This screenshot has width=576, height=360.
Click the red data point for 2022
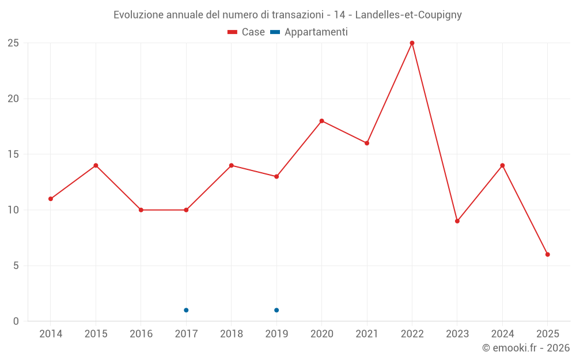tap(412, 43)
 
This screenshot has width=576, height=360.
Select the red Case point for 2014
tap(51, 199)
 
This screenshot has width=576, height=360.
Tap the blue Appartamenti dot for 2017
tap(186, 310)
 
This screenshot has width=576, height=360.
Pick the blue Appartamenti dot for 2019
tap(276, 310)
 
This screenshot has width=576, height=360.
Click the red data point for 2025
tap(547, 254)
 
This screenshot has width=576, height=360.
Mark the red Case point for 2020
tap(321, 121)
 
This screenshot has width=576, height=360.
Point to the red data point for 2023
tap(457, 221)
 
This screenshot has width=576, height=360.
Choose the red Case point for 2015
tap(96, 165)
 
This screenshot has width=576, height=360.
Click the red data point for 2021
tap(367, 143)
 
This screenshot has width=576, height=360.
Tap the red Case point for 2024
tap(502, 165)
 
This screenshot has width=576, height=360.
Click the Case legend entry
tap(246, 32)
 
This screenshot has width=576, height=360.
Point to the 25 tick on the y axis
tap(13, 43)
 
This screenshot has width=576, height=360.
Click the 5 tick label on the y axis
tap(16, 266)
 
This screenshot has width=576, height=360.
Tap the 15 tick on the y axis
tap(13, 154)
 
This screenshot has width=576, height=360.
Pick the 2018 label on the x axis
tap(231, 334)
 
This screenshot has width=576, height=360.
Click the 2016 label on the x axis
tap(141, 334)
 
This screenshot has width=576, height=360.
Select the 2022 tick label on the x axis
tap(412, 334)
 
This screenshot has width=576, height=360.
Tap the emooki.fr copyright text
tap(525, 348)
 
